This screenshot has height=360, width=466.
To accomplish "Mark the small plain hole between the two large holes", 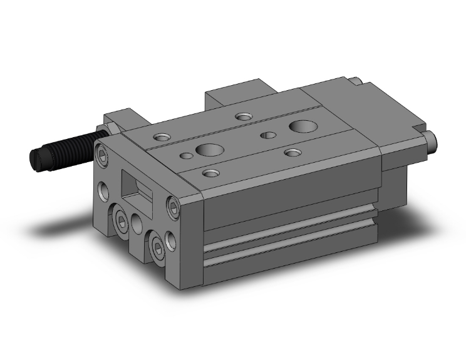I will coord(269,134).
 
